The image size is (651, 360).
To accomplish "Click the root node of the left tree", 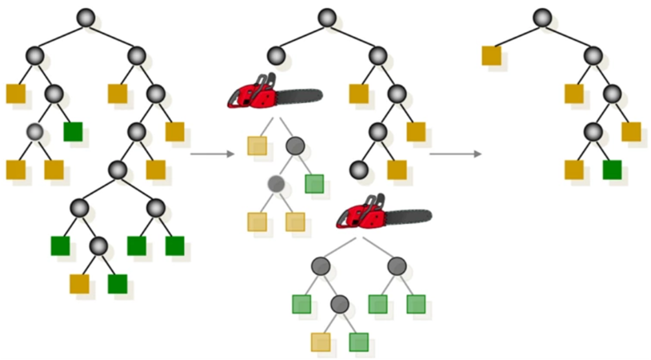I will [86, 18].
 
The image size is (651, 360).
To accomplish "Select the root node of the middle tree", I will [325, 18].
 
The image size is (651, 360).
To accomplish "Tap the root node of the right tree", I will [542, 18].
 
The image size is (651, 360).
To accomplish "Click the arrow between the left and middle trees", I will [213, 153].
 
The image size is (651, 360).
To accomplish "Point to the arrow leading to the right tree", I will [455, 153].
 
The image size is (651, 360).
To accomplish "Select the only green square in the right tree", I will [612, 170].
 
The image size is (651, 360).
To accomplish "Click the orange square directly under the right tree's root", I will [491, 55].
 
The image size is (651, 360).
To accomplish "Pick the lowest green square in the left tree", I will [118, 283].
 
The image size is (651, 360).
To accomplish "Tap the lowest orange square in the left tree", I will [79, 283].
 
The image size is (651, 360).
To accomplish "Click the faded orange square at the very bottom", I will [321, 342].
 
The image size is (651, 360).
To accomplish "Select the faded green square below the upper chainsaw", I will [314, 184].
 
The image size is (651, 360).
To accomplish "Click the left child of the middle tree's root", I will [276, 56].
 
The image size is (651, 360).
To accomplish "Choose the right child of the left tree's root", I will [137, 56].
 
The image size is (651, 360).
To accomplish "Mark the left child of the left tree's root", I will [34, 56].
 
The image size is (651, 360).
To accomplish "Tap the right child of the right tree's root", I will [593, 56].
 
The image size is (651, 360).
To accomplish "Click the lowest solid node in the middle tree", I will [358, 170].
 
